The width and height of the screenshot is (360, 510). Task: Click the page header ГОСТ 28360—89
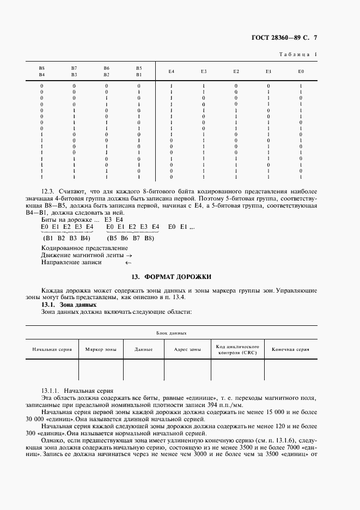277,38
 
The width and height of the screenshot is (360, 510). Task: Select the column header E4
171,71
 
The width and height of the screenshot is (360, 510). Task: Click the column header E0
301,71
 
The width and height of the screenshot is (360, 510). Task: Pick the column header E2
236,71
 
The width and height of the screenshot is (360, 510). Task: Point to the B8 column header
41,68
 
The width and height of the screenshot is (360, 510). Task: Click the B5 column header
139,68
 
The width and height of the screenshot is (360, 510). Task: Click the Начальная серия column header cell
52,349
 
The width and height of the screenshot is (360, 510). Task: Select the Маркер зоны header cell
101,349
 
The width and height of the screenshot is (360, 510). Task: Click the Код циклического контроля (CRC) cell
237,349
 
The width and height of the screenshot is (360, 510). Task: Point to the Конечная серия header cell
290,349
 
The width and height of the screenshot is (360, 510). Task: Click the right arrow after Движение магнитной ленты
129,255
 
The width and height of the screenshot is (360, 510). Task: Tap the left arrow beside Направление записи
129,263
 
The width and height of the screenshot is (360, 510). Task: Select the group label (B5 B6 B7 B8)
131,238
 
